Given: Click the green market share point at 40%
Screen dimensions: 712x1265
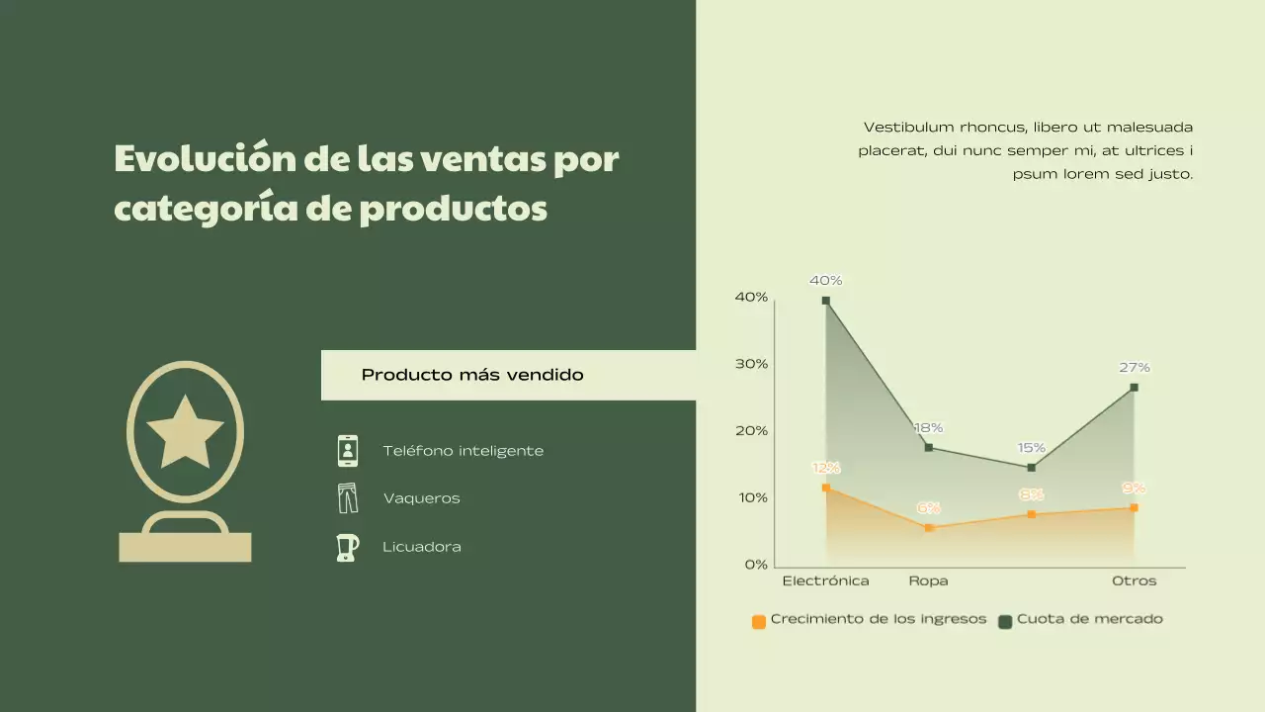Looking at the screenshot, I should pyautogui.click(x=826, y=301).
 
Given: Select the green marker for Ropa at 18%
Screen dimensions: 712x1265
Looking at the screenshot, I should pyautogui.click(x=929, y=448).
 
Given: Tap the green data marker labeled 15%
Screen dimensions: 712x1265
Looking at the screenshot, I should pyautogui.click(x=1032, y=468).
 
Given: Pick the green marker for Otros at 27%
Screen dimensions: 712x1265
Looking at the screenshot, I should pyautogui.click(x=1135, y=388).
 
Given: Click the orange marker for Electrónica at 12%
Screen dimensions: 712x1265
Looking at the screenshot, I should pyautogui.click(x=826, y=488).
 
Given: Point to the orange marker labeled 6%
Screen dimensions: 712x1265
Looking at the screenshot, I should pyautogui.click(x=929, y=528).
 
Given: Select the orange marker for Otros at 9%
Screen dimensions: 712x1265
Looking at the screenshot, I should pyautogui.click(x=1135, y=508).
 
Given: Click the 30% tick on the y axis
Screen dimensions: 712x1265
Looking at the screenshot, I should pyautogui.click(x=752, y=364).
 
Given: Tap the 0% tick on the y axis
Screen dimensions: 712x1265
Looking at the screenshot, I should pyautogui.click(x=756, y=565).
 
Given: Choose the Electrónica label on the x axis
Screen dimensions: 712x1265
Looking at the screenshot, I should pyautogui.click(x=826, y=581).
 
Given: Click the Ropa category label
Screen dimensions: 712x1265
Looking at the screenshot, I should pyautogui.click(x=929, y=581).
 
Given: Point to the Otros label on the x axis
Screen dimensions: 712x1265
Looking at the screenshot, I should pyautogui.click(x=1135, y=581).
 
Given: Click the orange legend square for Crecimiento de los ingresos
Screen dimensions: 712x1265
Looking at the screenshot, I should pyautogui.click(x=759, y=622).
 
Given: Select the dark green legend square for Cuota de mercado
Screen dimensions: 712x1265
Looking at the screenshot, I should pyautogui.click(x=1005, y=622).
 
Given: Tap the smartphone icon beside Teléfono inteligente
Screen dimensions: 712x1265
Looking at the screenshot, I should pyautogui.click(x=348, y=451).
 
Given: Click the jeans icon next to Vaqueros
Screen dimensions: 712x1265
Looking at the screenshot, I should pyautogui.click(x=348, y=498).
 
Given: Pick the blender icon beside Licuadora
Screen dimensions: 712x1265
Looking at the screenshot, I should pyautogui.click(x=347, y=547).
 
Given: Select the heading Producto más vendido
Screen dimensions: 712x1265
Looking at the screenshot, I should pyautogui.click(x=472, y=375).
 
